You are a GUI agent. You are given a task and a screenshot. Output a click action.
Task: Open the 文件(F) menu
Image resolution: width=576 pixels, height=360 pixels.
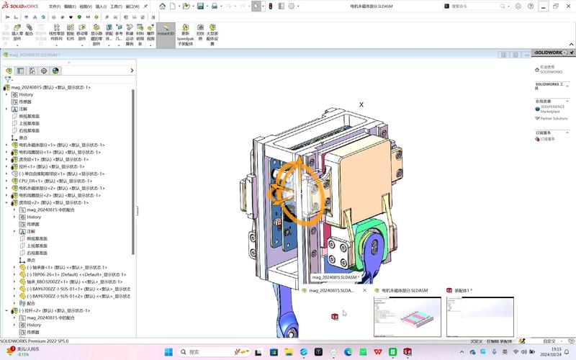(x=55, y=6)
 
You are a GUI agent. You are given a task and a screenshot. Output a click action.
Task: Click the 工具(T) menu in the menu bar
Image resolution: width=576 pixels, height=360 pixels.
(x=115, y=6)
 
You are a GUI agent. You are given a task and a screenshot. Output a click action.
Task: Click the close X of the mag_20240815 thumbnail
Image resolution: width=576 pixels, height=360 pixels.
(x=365, y=291)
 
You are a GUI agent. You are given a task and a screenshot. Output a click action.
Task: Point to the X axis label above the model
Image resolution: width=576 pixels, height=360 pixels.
(x=361, y=105)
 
